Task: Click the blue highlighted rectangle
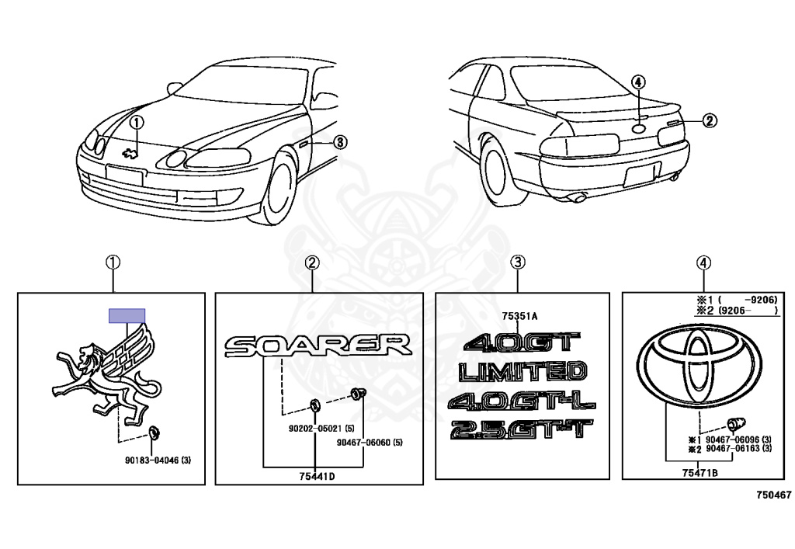(127, 314)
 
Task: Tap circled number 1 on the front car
(137, 123)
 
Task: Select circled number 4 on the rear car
(637, 82)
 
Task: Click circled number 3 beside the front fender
(341, 141)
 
